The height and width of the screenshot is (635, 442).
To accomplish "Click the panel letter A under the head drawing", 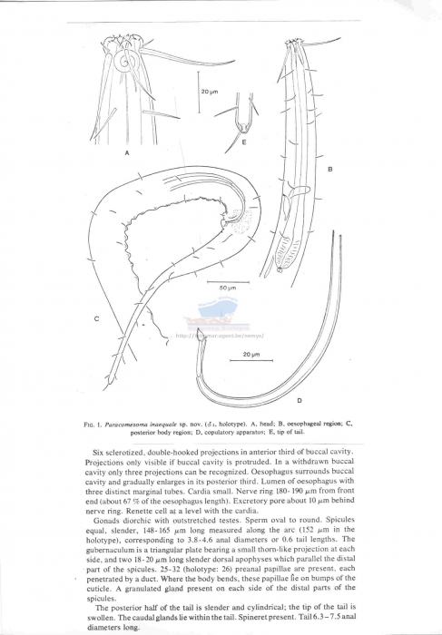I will coord(127,153).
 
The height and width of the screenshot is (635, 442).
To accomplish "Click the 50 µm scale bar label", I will coord(228,287).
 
